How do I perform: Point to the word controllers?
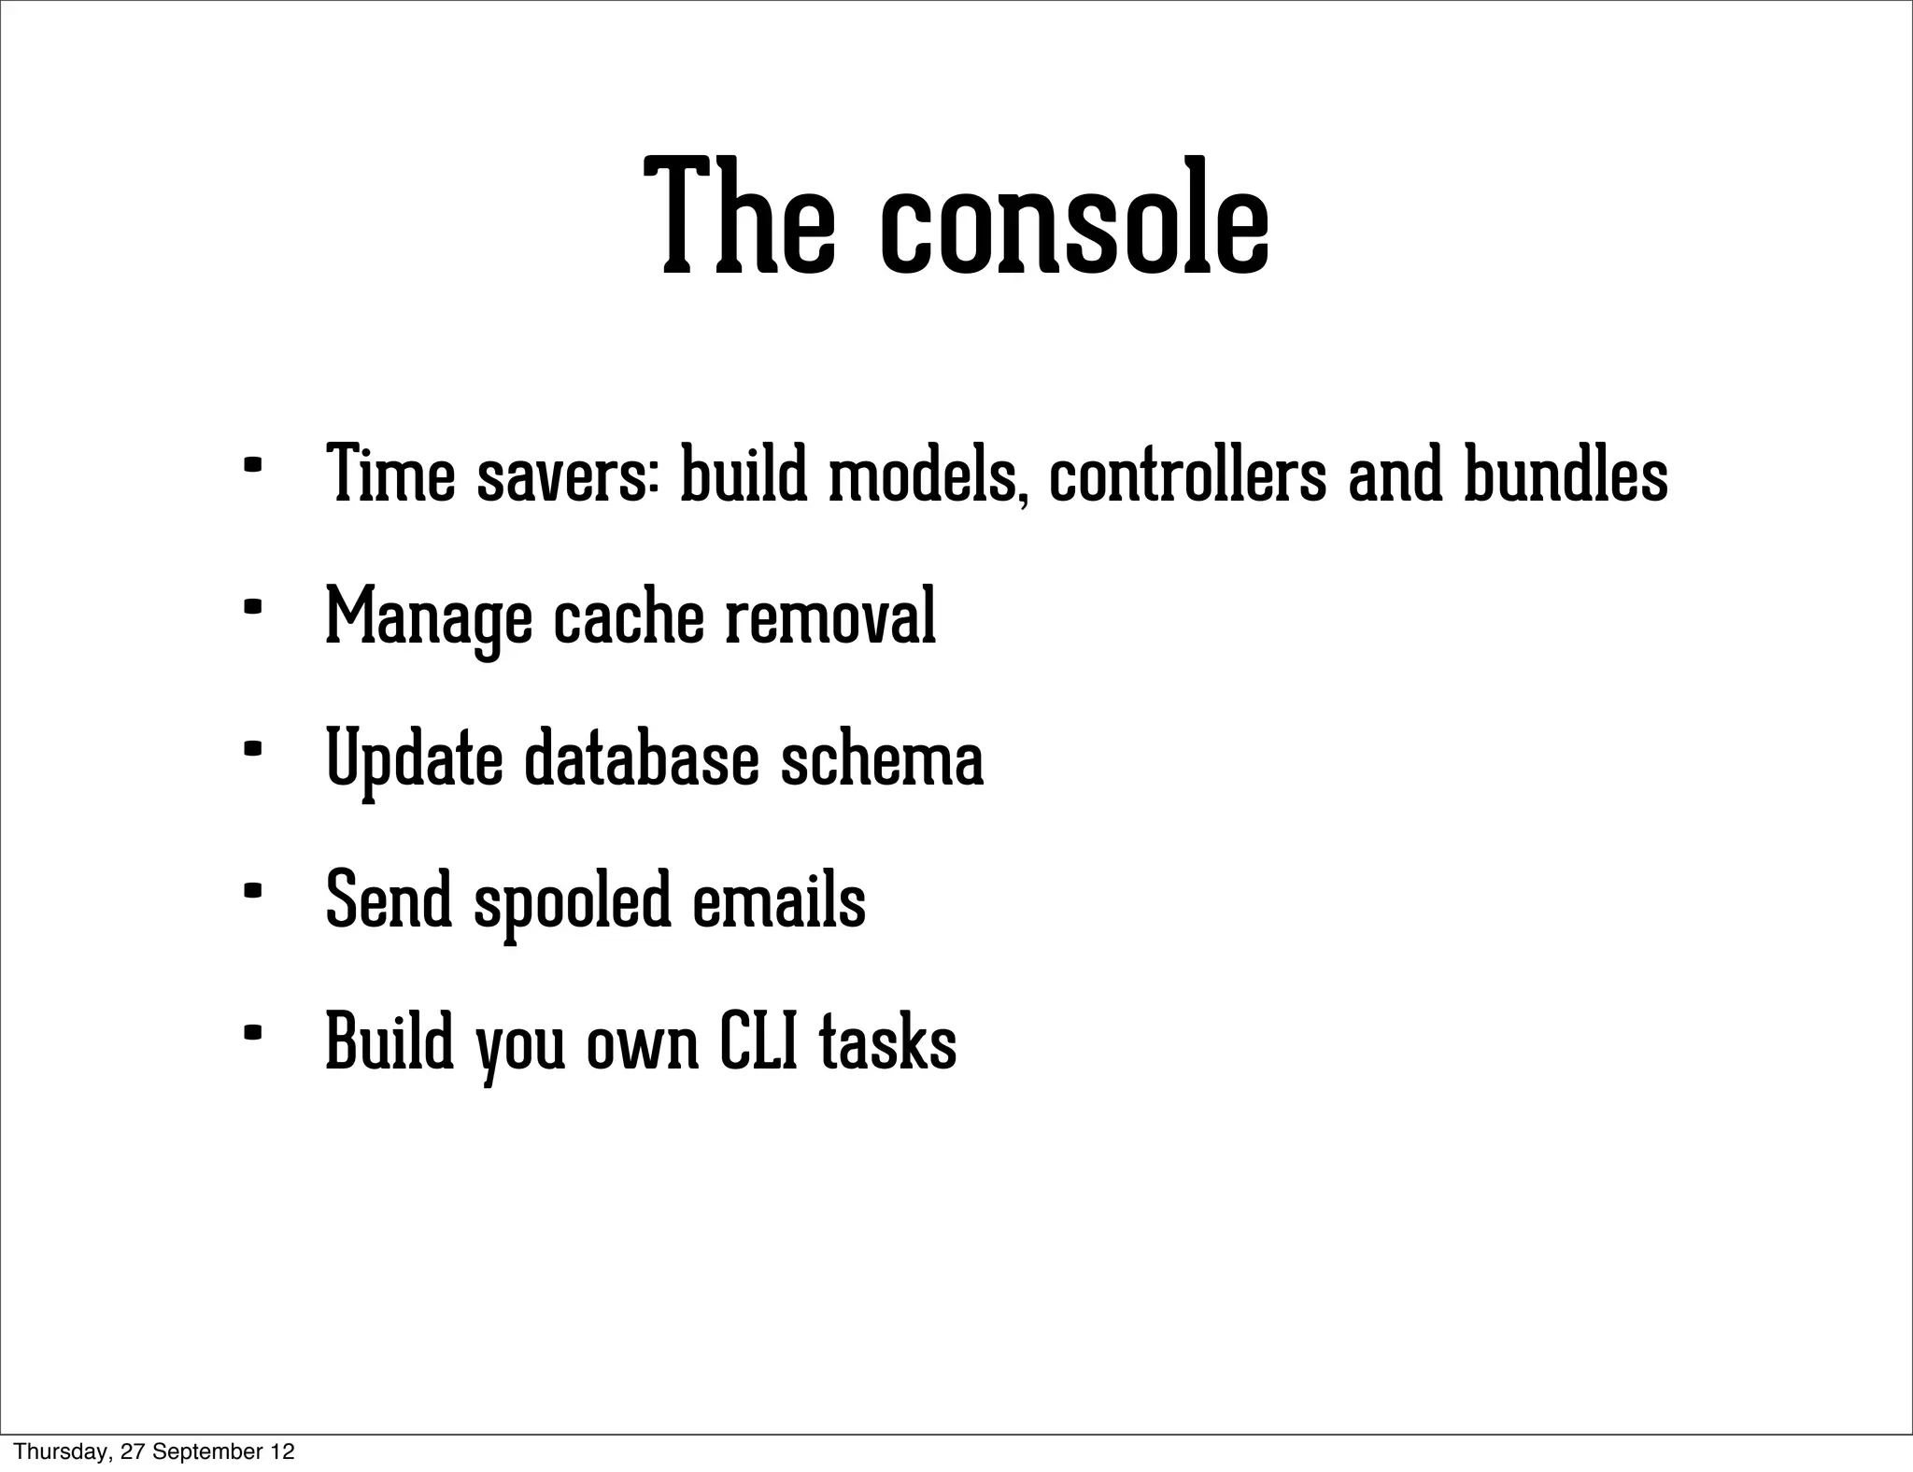pyautogui.click(x=1186, y=476)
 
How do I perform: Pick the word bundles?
pyautogui.click(x=1565, y=476)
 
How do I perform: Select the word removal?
pyautogui.click(x=830, y=616)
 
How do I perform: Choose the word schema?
pyautogui.click(x=881, y=759)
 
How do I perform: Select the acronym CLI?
pyautogui.click(x=758, y=1042)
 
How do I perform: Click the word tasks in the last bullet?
pyautogui.click(x=887, y=1044)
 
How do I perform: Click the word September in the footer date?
pyautogui.click(x=205, y=1451)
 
